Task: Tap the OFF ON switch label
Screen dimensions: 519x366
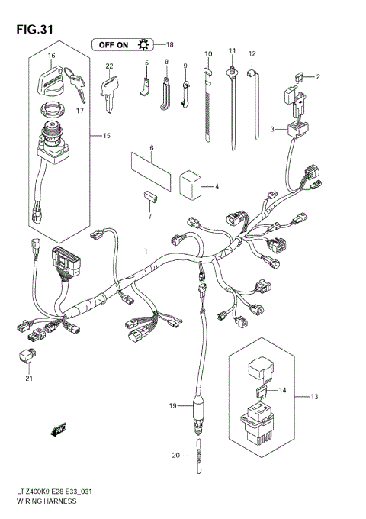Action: [122, 44]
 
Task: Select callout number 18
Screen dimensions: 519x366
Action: [169, 44]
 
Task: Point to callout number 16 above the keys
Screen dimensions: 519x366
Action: [52, 56]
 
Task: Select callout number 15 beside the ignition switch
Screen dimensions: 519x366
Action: [106, 136]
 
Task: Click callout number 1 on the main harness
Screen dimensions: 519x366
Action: [146, 251]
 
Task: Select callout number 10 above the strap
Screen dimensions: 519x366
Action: [207, 53]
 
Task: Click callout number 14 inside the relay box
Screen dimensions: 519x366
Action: [283, 390]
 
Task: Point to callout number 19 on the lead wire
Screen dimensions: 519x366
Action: [172, 405]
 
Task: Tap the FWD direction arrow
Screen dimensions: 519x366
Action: [57, 432]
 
